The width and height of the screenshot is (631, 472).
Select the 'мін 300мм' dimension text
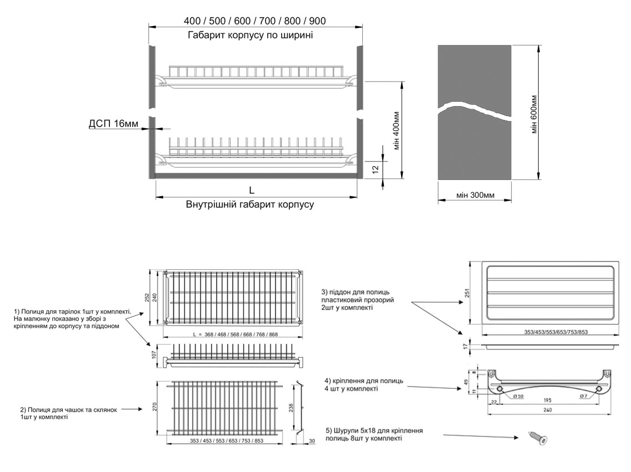tap(475, 195)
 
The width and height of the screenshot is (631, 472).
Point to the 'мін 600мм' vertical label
tap(533, 114)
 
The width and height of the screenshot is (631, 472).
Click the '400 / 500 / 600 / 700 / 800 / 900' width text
tap(255, 21)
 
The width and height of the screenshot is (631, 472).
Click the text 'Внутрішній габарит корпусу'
tap(250, 204)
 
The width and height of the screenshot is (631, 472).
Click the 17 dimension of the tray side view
tap(465, 345)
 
